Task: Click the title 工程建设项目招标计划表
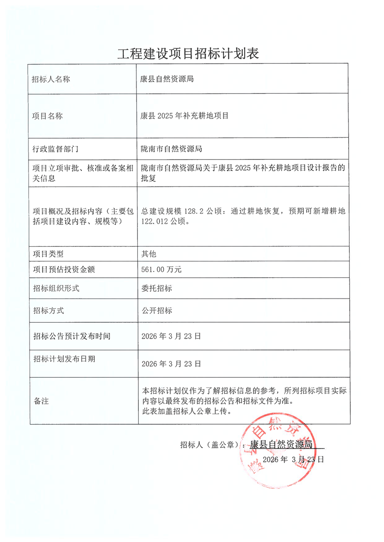point(188,53)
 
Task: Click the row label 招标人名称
point(51,79)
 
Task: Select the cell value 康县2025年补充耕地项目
point(184,116)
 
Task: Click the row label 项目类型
point(47,254)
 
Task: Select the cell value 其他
point(148,254)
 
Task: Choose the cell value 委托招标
point(156,288)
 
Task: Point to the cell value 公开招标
point(156,311)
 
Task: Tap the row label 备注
point(40,401)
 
